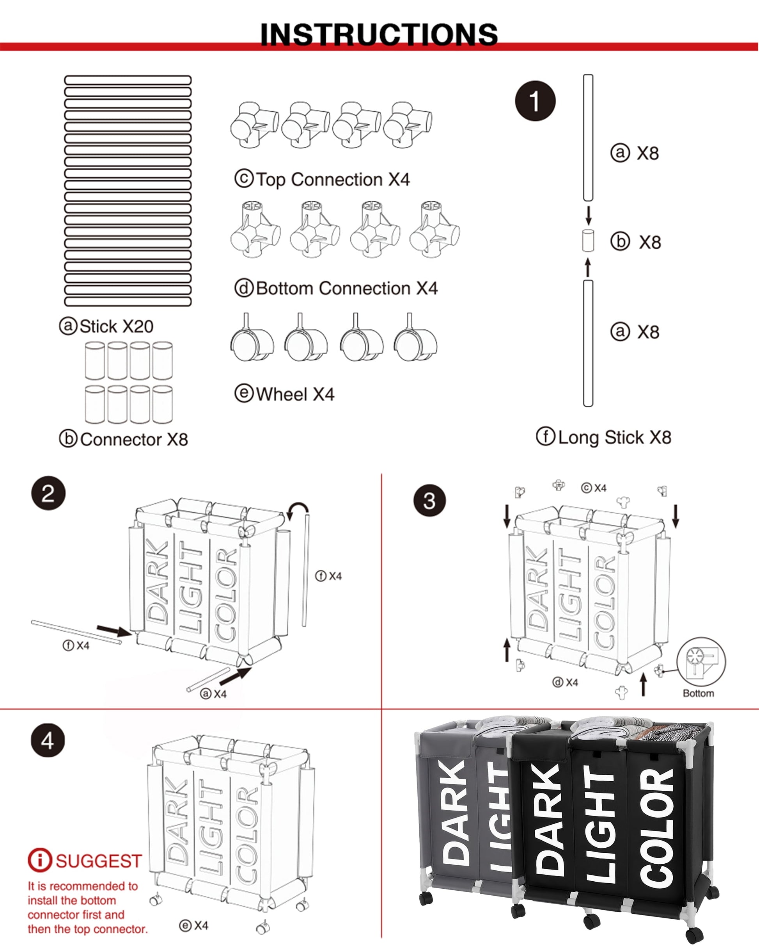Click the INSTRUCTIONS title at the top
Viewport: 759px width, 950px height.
pos(379,34)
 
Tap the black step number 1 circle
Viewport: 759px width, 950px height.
pos(535,101)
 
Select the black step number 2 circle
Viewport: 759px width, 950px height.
pos(48,493)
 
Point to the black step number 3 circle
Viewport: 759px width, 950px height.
pos(430,500)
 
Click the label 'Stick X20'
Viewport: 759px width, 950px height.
pos(106,326)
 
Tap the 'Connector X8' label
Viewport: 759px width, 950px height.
pos(124,439)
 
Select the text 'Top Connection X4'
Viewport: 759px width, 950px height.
pos(322,179)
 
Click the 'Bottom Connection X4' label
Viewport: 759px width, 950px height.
pos(336,288)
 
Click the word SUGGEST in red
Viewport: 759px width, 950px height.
pos(99,861)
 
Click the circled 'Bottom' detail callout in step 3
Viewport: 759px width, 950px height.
pos(701,661)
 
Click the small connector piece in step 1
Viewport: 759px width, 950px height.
pos(588,241)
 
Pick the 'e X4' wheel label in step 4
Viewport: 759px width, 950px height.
pos(194,925)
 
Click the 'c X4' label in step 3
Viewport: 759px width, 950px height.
pos(594,488)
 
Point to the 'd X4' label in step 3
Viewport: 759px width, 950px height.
pos(565,682)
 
